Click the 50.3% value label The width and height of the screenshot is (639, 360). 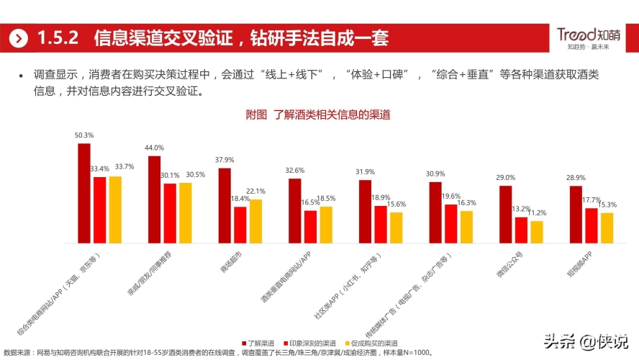tap(84, 135)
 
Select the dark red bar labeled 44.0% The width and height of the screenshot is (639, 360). tap(154, 199)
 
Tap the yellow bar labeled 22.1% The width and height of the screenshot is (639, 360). tap(255, 221)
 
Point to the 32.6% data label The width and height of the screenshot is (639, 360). tap(295, 170)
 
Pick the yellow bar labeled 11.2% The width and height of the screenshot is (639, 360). tap(537, 232)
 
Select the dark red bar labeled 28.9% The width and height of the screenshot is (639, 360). tap(576, 215)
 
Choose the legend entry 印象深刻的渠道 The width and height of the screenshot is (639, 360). tap(313, 343)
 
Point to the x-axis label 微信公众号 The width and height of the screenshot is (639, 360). tap(510, 264)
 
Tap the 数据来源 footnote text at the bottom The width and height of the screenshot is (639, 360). tap(216, 353)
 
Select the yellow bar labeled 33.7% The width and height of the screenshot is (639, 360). tap(114, 210)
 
